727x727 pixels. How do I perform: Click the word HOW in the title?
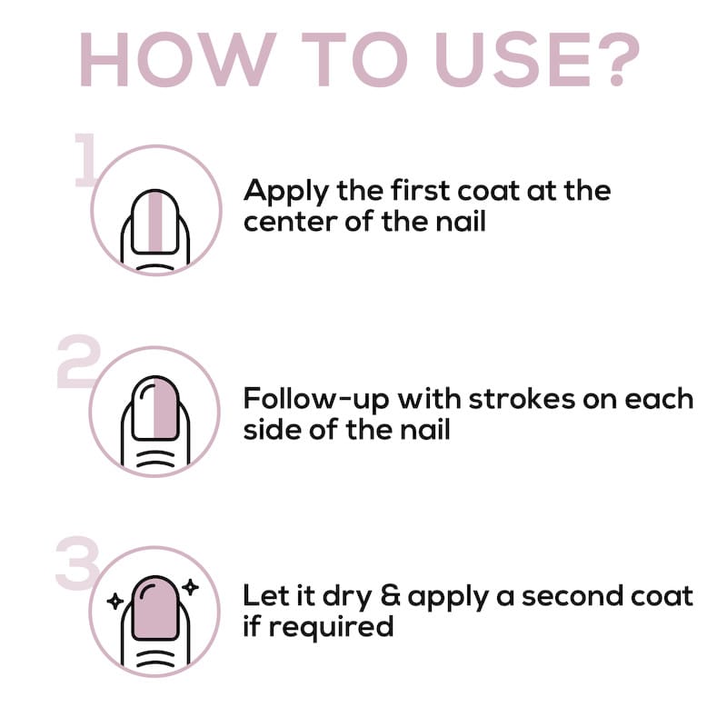coord(178,59)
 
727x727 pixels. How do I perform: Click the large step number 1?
coord(85,160)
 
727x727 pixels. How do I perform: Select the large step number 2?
coord(79,362)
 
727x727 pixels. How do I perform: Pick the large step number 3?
coord(77,563)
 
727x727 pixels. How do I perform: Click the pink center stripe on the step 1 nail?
coord(155,222)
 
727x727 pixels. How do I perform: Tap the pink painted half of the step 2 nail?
coord(165,408)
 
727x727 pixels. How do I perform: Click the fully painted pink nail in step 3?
coord(155,608)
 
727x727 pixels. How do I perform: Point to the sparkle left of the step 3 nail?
coord(115,602)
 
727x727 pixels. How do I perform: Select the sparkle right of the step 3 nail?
coord(190,587)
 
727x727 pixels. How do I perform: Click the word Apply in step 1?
coord(286,192)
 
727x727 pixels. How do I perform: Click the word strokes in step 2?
coord(522,398)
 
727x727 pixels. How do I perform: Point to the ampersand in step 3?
coord(390,596)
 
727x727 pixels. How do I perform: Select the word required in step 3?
coord(331,627)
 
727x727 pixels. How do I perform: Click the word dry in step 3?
coord(347,597)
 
